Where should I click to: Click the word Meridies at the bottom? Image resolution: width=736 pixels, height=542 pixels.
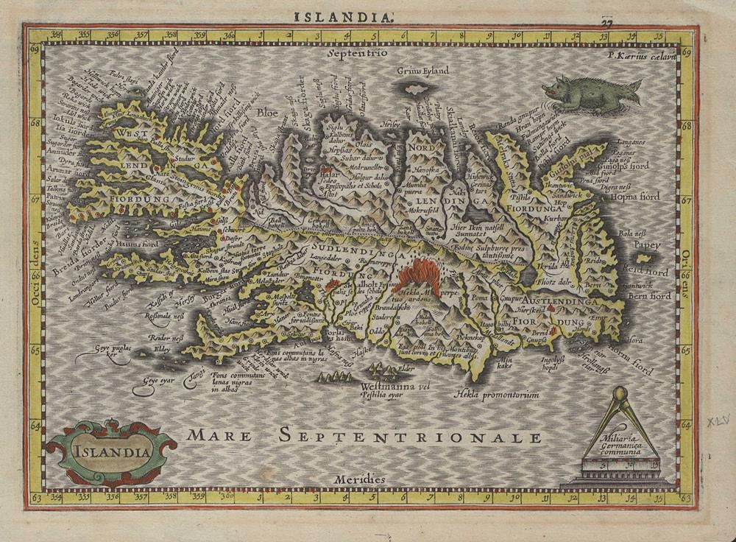[359, 479]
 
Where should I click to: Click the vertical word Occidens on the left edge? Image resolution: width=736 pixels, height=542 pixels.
[35, 264]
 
